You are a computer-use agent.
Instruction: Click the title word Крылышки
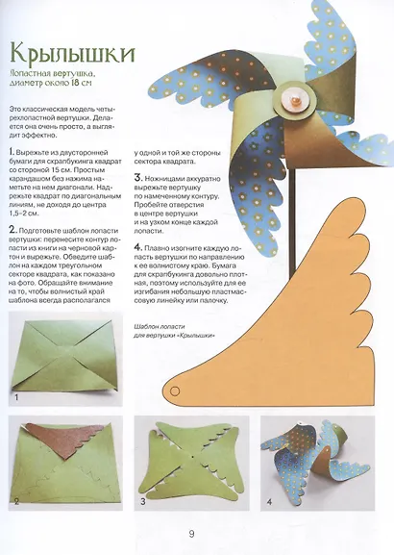[x=73, y=52]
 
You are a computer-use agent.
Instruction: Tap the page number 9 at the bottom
[x=191, y=534]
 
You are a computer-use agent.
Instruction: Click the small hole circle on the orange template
[x=175, y=391]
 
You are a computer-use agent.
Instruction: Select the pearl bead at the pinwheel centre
[x=295, y=103]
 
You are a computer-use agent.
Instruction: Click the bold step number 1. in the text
[x=12, y=153]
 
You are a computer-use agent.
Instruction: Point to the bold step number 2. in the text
[x=12, y=231]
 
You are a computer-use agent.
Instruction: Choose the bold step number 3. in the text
[x=138, y=178]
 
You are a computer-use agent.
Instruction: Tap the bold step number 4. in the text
[x=138, y=248]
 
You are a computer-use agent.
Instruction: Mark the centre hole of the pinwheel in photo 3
[x=192, y=457]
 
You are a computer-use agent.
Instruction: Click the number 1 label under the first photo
[x=16, y=398]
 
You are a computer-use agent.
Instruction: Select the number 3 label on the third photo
[x=143, y=501]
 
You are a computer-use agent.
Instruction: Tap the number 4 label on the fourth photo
[x=269, y=501]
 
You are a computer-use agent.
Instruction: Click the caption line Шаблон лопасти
[x=160, y=327]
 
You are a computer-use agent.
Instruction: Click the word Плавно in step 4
[x=157, y=248]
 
